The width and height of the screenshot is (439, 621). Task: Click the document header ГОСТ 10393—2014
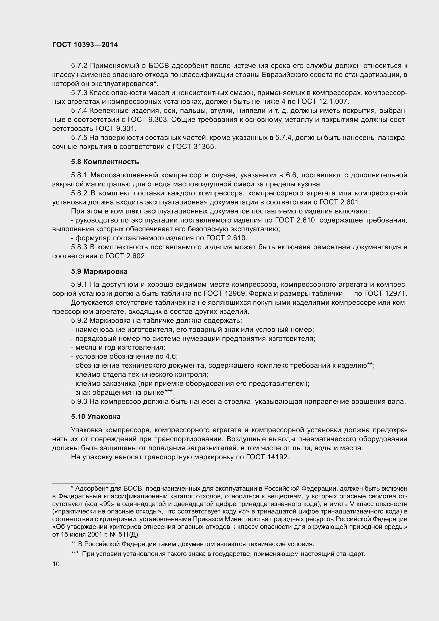85,45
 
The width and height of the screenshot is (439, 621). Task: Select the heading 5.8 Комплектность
105,162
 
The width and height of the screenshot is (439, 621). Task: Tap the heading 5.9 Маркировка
99,271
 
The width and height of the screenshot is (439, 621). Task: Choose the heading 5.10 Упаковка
96,417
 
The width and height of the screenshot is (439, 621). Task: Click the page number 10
56,564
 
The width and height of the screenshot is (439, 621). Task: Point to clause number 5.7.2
79,66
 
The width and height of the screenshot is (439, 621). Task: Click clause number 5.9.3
79,402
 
